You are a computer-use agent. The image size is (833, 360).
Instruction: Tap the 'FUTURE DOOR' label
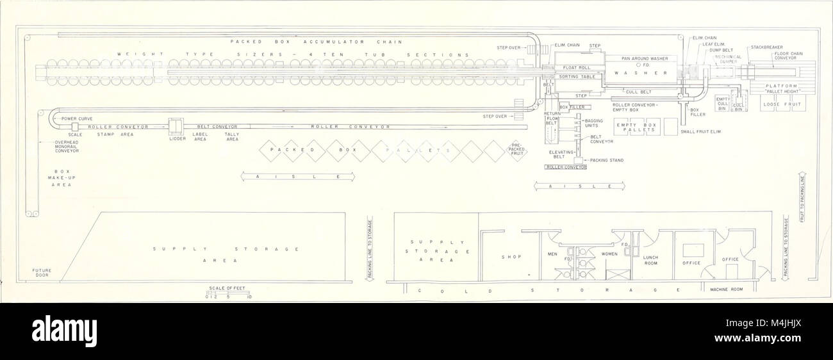pos(42,273)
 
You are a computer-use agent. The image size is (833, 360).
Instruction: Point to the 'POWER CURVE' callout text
pos(76,119)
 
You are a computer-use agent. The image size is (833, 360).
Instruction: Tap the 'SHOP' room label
pos(515,258)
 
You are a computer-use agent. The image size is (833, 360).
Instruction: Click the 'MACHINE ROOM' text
pos(727,290)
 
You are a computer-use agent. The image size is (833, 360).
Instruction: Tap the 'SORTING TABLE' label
pos(577,76)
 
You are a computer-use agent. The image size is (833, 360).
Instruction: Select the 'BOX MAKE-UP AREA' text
pos(62,177)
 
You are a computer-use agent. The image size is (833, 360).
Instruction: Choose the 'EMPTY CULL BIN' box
pos(722,104)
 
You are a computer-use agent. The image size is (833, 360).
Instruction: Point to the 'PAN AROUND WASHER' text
pos(645,58)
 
